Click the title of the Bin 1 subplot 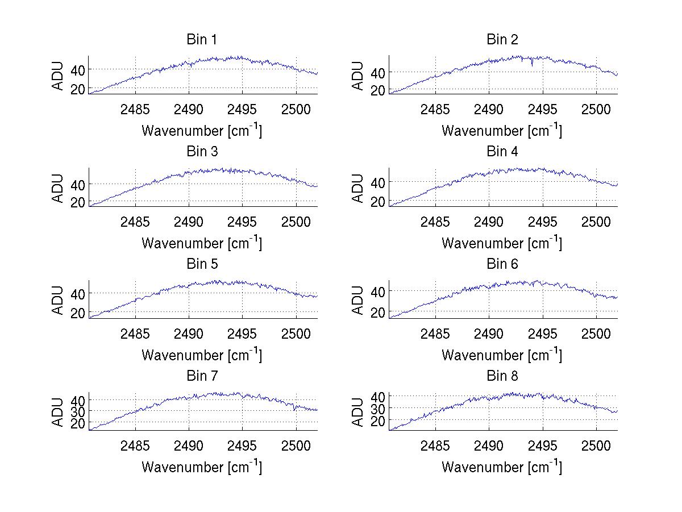(202, 40)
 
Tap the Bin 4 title (502, 152)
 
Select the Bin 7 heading (202, 376)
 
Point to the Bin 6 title (502, 264)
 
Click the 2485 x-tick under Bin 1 (135, 109)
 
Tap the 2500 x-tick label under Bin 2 (596, 109)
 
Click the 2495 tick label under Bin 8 (542, 446)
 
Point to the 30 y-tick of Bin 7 (77, 410)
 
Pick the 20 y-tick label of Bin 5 (77, 313)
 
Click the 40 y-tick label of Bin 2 (377, 72)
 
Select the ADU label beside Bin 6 (358, 301)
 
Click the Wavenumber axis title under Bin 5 (202, 355)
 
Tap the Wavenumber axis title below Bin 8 (502, 467)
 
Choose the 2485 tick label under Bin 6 (435, 334)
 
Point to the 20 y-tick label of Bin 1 (77, 89)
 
